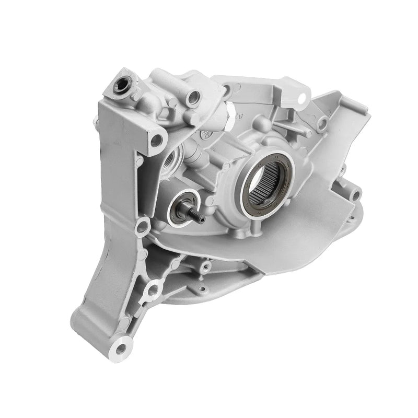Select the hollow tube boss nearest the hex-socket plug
(x=194, y=97)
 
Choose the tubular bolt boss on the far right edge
(x=355, y=195)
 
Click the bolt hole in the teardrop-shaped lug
(x=153, y=288)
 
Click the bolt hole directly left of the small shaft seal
(x=141, y=226)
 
